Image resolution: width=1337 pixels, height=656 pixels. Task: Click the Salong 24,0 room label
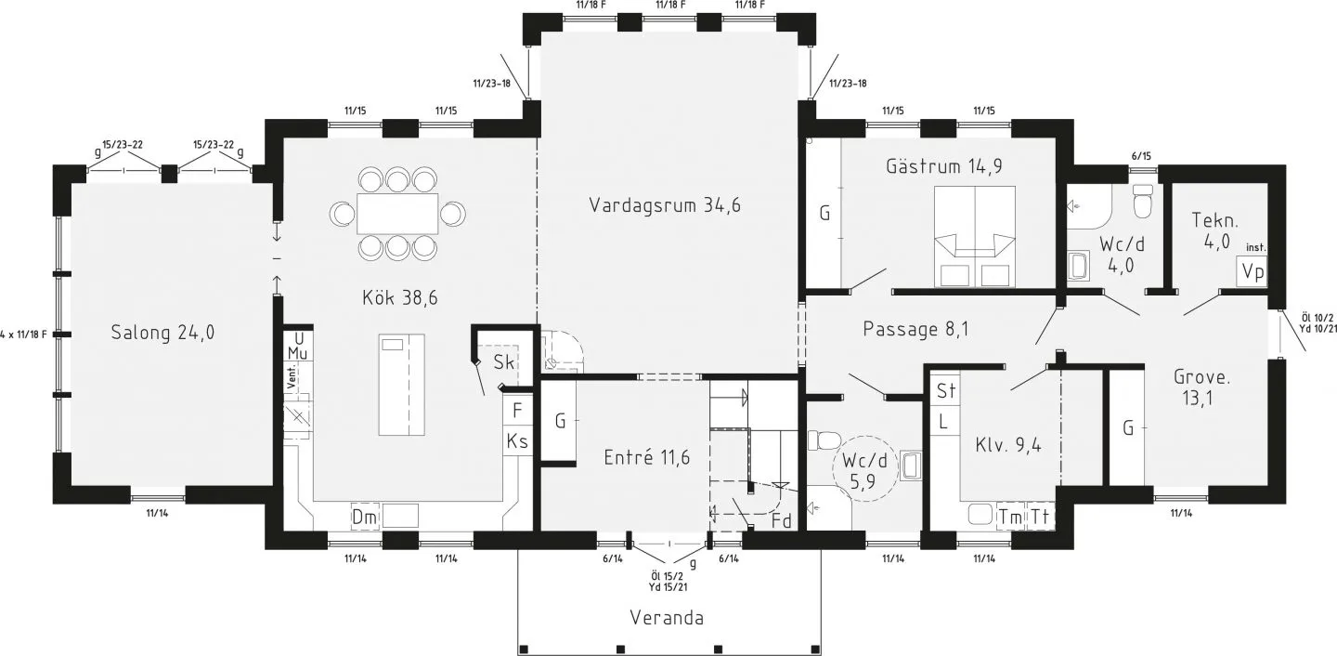point(162,333)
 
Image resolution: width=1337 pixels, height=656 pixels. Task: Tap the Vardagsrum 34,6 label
point(664,205)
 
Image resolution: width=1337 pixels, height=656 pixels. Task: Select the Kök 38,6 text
point(399,298)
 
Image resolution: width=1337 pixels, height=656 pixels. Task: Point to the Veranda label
point(666,618)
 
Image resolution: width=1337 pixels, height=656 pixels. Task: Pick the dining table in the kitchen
point(397,214)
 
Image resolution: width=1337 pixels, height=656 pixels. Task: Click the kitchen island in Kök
point(401,385)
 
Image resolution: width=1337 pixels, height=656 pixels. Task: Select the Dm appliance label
point(363,517)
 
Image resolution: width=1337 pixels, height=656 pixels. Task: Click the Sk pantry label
point(504,361)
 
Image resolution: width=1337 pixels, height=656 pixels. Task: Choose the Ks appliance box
point(517,441)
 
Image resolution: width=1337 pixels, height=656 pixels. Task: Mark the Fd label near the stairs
point(782,521)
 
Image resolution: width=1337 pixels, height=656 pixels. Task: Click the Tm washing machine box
point(1009,516)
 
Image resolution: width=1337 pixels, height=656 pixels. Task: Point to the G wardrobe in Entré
point(560,422)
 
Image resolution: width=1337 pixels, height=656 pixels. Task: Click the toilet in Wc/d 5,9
point(824,440)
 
